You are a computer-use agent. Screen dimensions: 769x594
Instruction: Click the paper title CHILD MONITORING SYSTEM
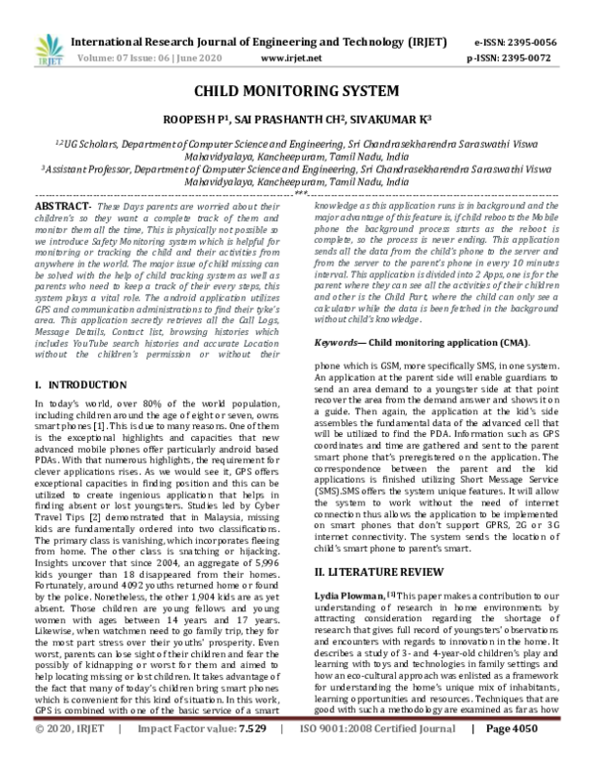(296, 90)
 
